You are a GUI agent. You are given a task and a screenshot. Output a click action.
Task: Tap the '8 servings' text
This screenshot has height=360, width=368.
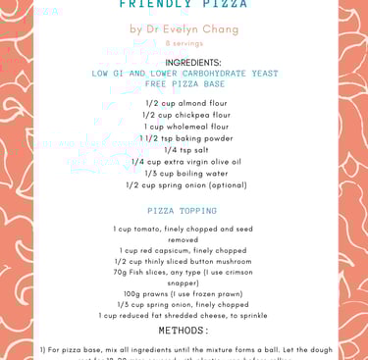pyautogui.click(x=184, y=44)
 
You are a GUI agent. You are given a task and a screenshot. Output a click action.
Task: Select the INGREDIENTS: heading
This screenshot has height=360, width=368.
pyautogui.click(x=184, y=62)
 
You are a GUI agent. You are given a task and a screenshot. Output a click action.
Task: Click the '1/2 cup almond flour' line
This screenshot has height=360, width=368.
pyautogui.click(x=184, y=103)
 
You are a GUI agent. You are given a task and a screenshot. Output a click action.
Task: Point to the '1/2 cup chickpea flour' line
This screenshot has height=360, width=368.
pyautogui.click(x=184, y=115)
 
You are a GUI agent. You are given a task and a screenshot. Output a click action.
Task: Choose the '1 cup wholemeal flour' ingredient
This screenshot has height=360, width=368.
pyautogui.click(x=184, y=127)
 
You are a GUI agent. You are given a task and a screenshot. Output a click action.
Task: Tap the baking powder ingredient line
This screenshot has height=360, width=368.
pyautogui.click(x=184, y=138)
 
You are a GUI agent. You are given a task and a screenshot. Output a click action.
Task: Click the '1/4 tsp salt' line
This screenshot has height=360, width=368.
pyautogui.click(x=184, y=150)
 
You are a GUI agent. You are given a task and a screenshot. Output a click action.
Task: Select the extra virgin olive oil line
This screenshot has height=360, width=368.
pyautogui.click(x=184, y=162)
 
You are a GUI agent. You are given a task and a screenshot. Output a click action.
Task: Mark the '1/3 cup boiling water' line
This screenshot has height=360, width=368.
pyautogui.click(x=184, y=174)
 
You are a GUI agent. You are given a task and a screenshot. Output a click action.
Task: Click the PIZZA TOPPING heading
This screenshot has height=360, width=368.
pyautogui.click(x=183, y=211)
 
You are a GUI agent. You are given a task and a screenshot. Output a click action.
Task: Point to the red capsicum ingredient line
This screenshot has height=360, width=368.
pyautogui.click(x=184, y=250)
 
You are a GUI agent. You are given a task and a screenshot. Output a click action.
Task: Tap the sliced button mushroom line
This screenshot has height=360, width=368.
pyautogui.click(x=184, y=262)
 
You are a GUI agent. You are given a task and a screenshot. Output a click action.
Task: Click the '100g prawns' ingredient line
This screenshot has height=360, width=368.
pyautogui.click(x=184, y=294)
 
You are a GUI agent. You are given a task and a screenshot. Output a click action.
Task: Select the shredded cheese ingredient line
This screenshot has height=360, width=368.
pyautogui.click(x=184, y=316)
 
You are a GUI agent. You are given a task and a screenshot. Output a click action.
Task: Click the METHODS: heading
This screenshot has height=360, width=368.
pyautogui.click(x=184, y=332)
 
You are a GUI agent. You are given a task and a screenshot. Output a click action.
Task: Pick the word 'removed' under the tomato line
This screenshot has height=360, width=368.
pyautogui.click(x=184, y=239)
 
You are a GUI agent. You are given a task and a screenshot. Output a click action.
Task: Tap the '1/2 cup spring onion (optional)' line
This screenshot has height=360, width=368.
pyautogui.click(x=184, y=185)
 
